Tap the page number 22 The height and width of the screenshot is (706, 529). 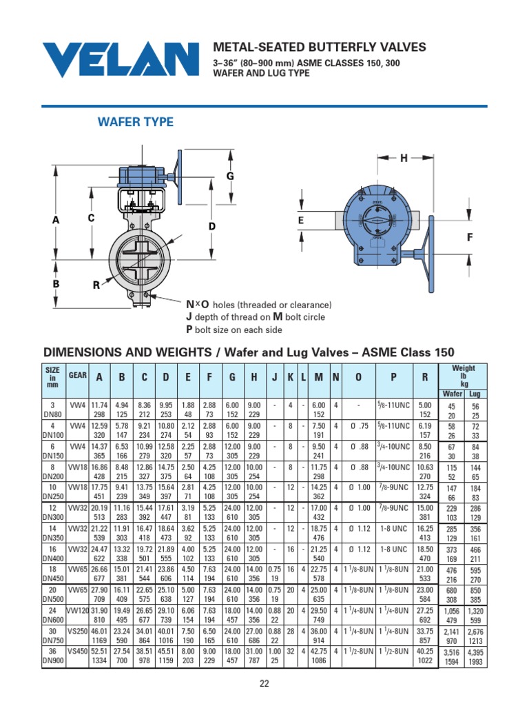point(264,683)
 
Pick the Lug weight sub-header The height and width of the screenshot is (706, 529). point(475,394)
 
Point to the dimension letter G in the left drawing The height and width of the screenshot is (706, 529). point(231,177)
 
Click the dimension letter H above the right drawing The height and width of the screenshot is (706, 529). point(404,159)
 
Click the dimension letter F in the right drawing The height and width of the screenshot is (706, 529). point(470,238)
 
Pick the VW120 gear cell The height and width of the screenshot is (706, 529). point(77,612)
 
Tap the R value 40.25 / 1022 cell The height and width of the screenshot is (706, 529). point(425,657)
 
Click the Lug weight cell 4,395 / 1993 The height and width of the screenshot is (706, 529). point(475,657)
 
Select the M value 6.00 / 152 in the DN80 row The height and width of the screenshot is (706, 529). point(318,410)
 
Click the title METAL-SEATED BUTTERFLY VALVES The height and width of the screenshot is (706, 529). point(320,48)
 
